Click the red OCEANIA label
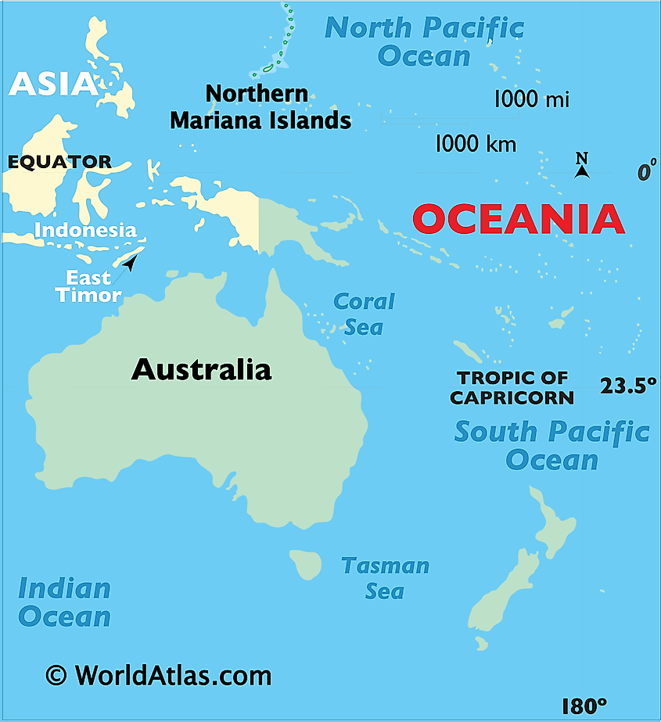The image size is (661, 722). point(518,219)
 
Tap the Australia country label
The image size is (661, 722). point(201,369)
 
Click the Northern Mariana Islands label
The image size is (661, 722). point(260,107)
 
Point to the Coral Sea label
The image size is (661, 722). point(364,314)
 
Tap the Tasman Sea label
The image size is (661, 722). point(385,578)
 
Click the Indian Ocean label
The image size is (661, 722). point(64,602)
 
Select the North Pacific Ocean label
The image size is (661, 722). point(424,41)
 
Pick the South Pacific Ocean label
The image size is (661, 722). point(551,444)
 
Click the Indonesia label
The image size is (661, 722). point(85,230)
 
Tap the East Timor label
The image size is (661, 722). point(88,286)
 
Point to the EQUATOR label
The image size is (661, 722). point(59,162)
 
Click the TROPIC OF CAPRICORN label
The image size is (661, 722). point(512,388)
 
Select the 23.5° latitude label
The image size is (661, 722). point(628,386)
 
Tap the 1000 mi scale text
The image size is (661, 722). point(531,99)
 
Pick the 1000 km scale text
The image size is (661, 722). point(476,143)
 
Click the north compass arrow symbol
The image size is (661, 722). point(581,167)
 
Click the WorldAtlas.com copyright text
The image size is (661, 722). point(158,675)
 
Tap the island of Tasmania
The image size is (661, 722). point(307,563)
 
